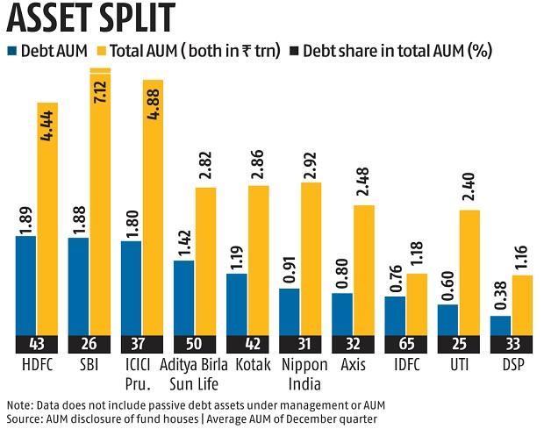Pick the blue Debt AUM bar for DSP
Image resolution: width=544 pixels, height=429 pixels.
point(500,325)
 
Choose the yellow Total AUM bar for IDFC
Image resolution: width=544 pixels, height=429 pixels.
point(417,304)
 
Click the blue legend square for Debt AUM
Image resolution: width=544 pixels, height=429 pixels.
point(12,51)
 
